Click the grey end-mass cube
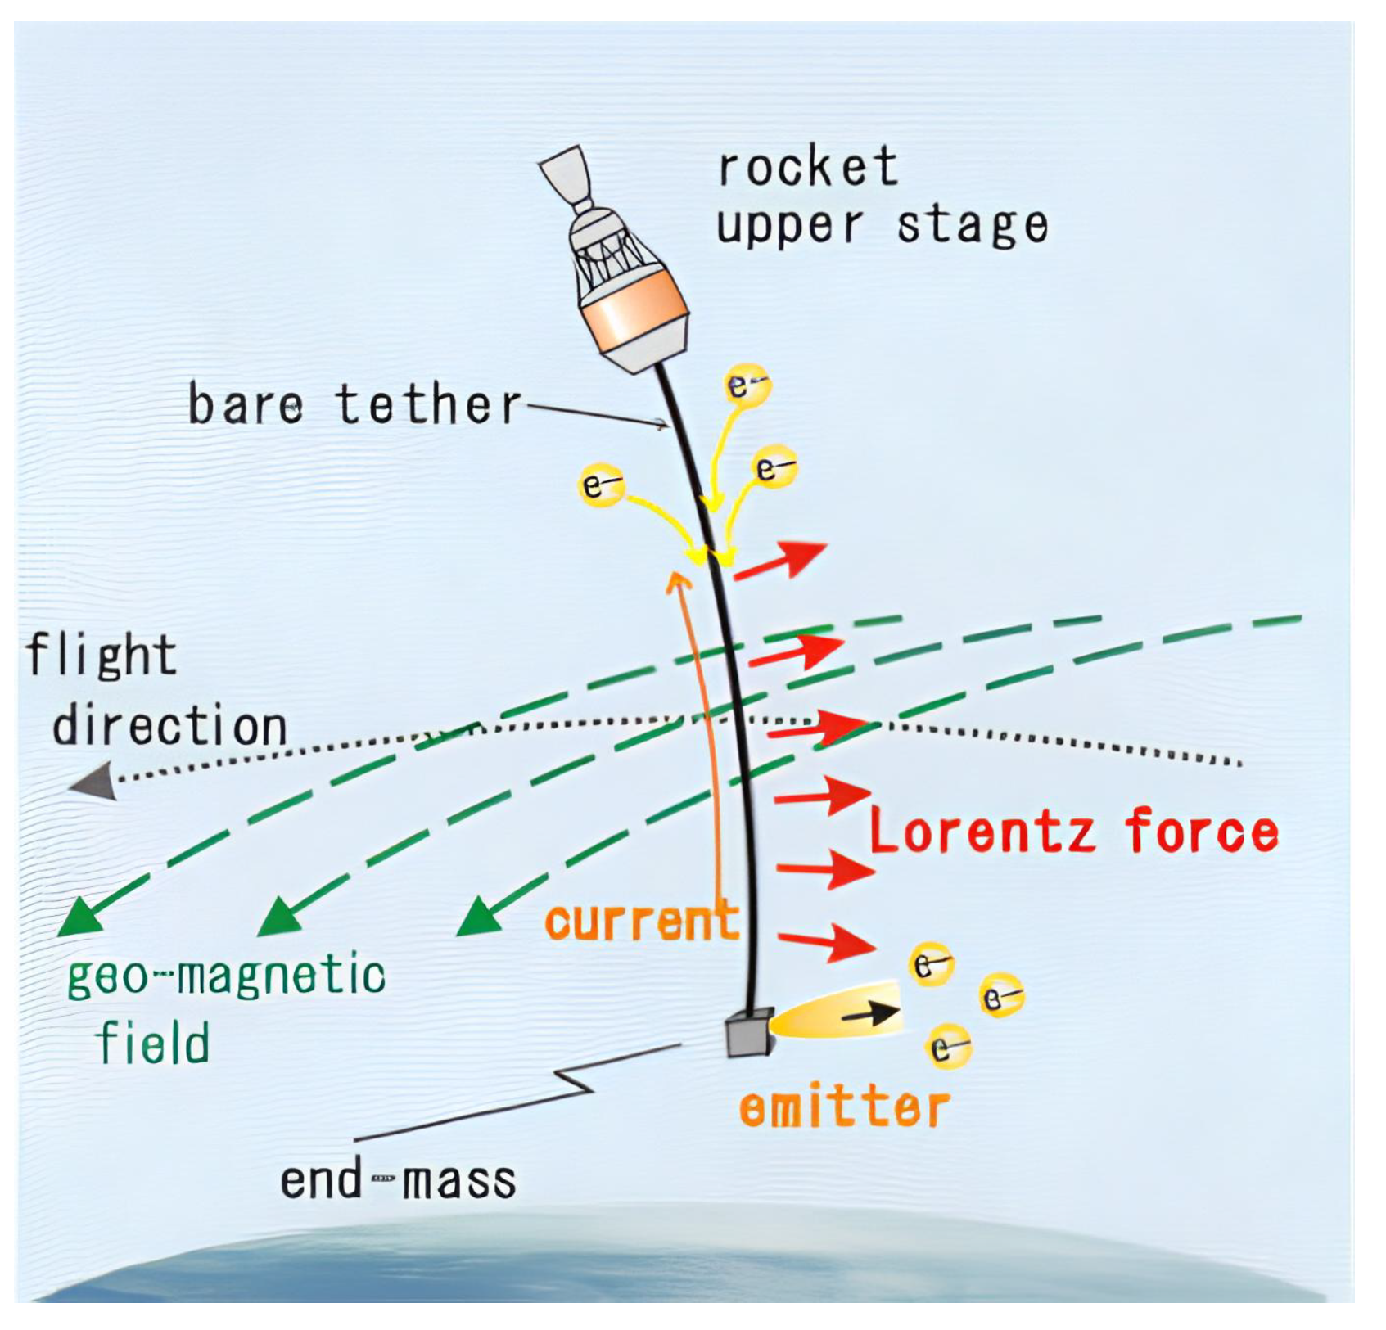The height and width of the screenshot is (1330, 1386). pyautogui.click(x=748, y=1034)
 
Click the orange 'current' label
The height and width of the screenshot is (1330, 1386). pyautogui.click(x=642, y=922)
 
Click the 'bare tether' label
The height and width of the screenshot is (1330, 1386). pyautogui.click(x=354, y=404)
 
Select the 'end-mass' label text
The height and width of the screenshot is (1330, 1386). pyautogui.click(x=398, y=1181)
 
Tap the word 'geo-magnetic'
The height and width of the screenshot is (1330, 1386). pyautogui.click(x=226, y=976)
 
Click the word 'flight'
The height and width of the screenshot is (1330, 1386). pyautogui.click(x=102, y=656)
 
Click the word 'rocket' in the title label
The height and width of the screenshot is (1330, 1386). pyautogui.click(x=807, y=167)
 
